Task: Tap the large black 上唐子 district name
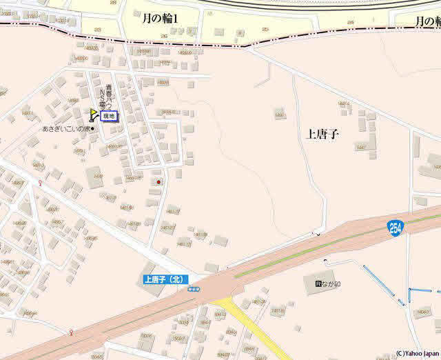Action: click(322, 134)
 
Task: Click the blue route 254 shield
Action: click(394, 227)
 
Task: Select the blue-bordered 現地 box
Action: click(109, 117)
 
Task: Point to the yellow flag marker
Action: click(93, 114)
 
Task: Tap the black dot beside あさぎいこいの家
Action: click(92, 129)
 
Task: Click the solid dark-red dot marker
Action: click(158, 182)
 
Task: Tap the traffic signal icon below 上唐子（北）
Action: click(194, 289)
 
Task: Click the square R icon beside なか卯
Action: click(318, 283)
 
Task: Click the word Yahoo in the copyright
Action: click(412, 354)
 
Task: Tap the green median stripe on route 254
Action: click(310, 256)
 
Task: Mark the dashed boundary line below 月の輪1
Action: click(207, 43)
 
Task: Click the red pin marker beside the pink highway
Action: click(72, 333)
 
